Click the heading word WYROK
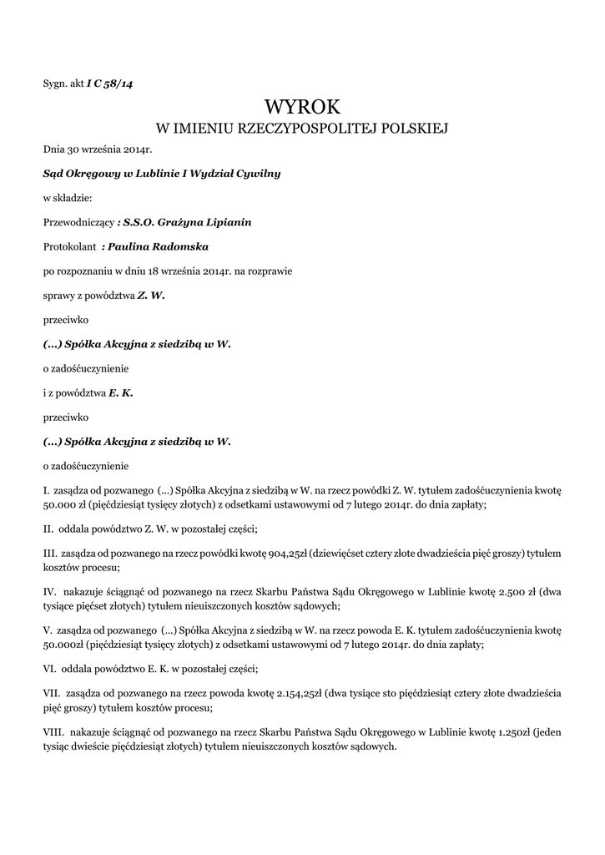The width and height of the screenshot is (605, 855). tap(302, 106)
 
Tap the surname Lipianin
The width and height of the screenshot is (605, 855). tap(223, 222)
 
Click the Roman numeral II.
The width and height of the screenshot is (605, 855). tap(48, 529)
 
